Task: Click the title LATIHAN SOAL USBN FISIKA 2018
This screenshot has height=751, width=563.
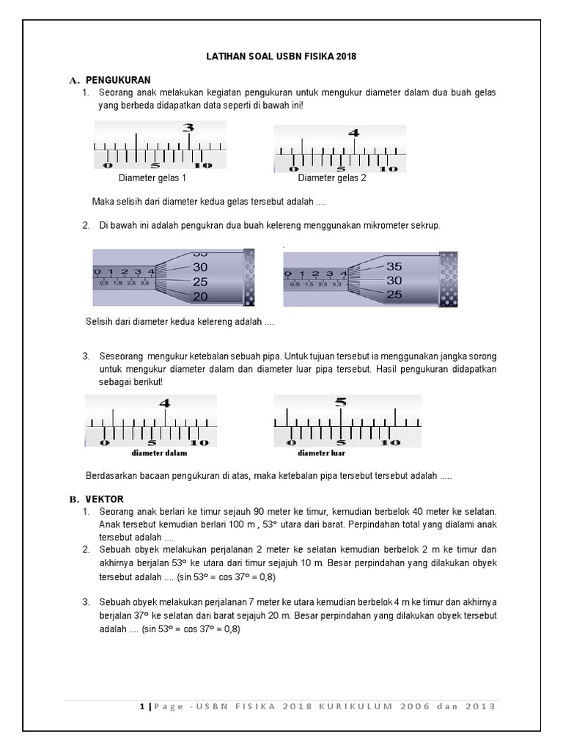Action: pyautogui.click(x=281, y=56)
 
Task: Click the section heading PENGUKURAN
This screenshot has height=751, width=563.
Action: pyautogui.click(x=118, y=80)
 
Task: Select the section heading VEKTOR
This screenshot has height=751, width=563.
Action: pyautogui.click(x=104, y=499)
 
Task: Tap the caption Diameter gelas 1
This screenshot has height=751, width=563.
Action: pyautogui.click(x=152, y=178)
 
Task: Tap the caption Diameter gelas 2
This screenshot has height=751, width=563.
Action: pyautogui.click(x=332, y=178)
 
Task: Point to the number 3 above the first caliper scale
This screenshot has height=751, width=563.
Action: pyautogui.click(x=188, y=128)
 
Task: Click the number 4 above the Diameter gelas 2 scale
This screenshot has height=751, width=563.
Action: pyautogui.click(x=354, y=133)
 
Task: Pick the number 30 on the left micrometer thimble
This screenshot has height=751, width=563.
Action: pyautogui.click(x=200, y=267)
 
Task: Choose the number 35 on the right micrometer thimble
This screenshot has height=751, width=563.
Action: pyautogui.click(x=394, y=266)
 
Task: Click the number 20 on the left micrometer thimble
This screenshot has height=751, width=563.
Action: pyautogui.click(x=200, y=297)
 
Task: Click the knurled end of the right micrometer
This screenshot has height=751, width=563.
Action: pyautogui.click(x=448, y=279)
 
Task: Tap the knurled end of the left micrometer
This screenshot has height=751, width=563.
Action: pyautogui.click(x=249, y=277)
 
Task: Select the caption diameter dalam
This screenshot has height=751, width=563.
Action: pyautogui.click(x=159, y=453)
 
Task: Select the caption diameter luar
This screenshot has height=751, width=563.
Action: pyautogui.click(x=321, y=453)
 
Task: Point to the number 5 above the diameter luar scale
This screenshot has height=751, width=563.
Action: pyautogui.click(x=340, y=402)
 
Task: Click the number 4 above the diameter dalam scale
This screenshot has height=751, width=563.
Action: pyautogui.click(x=164, y=403)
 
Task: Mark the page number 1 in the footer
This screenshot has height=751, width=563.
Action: pyautogui.click(x=143, y=706)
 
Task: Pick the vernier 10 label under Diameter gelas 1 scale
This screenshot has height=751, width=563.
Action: pyautogui.click(x=203, y=166)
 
